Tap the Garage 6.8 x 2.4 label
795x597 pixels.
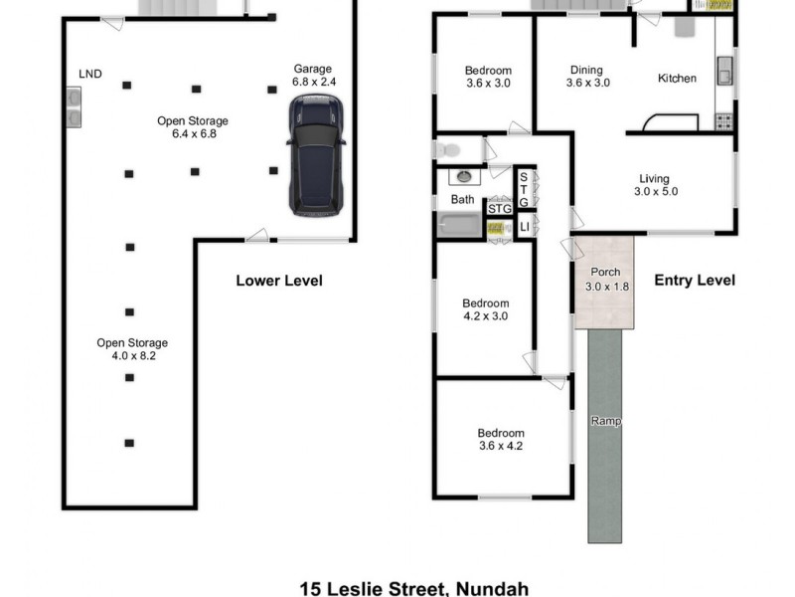pyautogui.click(x=312, y=76)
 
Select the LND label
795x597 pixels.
pyautogui.click(x=90, y=73)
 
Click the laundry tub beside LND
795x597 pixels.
pyautogui.click(x=74, y=107)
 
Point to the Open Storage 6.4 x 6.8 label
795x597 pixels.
pyautogui.click(x=193, y=126)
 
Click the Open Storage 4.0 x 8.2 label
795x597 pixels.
pyautogui.click(x=132, y=349)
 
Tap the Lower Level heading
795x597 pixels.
pyautogui.click(x=278, y=281)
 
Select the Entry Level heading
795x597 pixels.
pyautogui.click(x=695, y=281)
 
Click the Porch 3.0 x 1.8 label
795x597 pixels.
pyautogui.click(x=605, y=280)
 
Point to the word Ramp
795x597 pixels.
pyautogui.click(x=605, y=421)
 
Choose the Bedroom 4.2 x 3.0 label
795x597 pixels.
pyautogui.click(x=486, y=309)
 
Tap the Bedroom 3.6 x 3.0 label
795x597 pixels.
pyautogui.click(x=488, y=77)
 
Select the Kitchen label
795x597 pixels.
pyautogui.click(x=677, y=78)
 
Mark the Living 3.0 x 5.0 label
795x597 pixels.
pyautogui.click(x=657, y=185)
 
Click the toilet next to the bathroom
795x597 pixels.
pyautogui.click(x=448, y=150)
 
